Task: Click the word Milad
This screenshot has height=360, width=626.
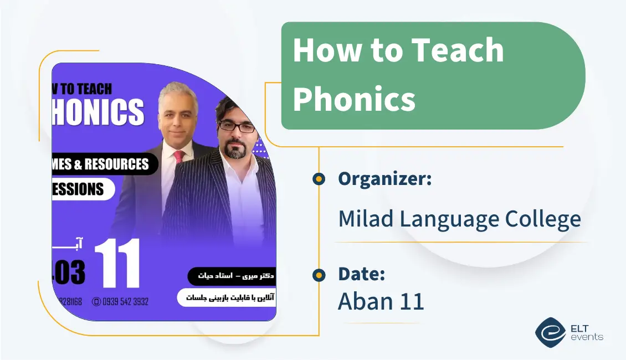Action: pos(366,219)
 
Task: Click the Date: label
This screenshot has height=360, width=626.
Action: pos(361,274)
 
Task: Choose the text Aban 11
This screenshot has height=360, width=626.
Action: pos(381,301)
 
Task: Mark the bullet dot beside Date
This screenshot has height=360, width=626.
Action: pos(319,275)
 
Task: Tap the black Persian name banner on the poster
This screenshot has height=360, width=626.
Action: pos(232,275)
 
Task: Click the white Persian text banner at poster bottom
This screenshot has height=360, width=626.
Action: pos(227,297)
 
